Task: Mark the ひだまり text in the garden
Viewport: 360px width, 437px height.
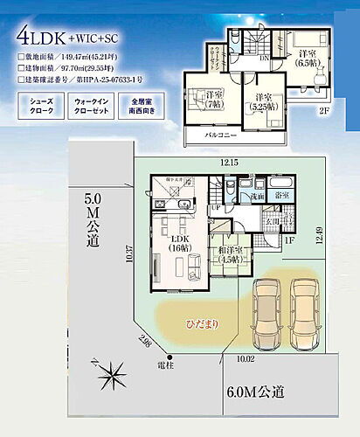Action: (x=200, y=324)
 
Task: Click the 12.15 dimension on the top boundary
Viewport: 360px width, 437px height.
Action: (x=229, y=163)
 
